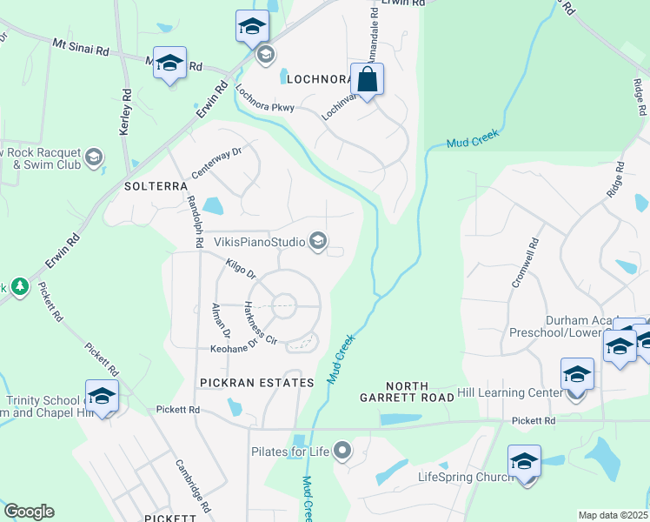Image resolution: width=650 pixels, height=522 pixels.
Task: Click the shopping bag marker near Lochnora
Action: tap(367, 80)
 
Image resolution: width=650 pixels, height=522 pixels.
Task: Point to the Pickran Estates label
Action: tap(256, 383)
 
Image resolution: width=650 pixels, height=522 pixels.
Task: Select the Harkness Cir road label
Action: tap(259, 322)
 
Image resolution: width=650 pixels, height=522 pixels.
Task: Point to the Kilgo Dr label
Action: tap(240, 268)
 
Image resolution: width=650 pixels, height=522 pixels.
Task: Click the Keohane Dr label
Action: tap(235, 348)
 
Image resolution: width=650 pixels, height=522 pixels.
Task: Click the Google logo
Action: tap(29, 512)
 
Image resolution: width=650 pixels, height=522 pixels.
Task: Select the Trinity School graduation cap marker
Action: tap(102, 396)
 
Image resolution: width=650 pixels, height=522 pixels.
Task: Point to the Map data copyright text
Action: tap(613, 515)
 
